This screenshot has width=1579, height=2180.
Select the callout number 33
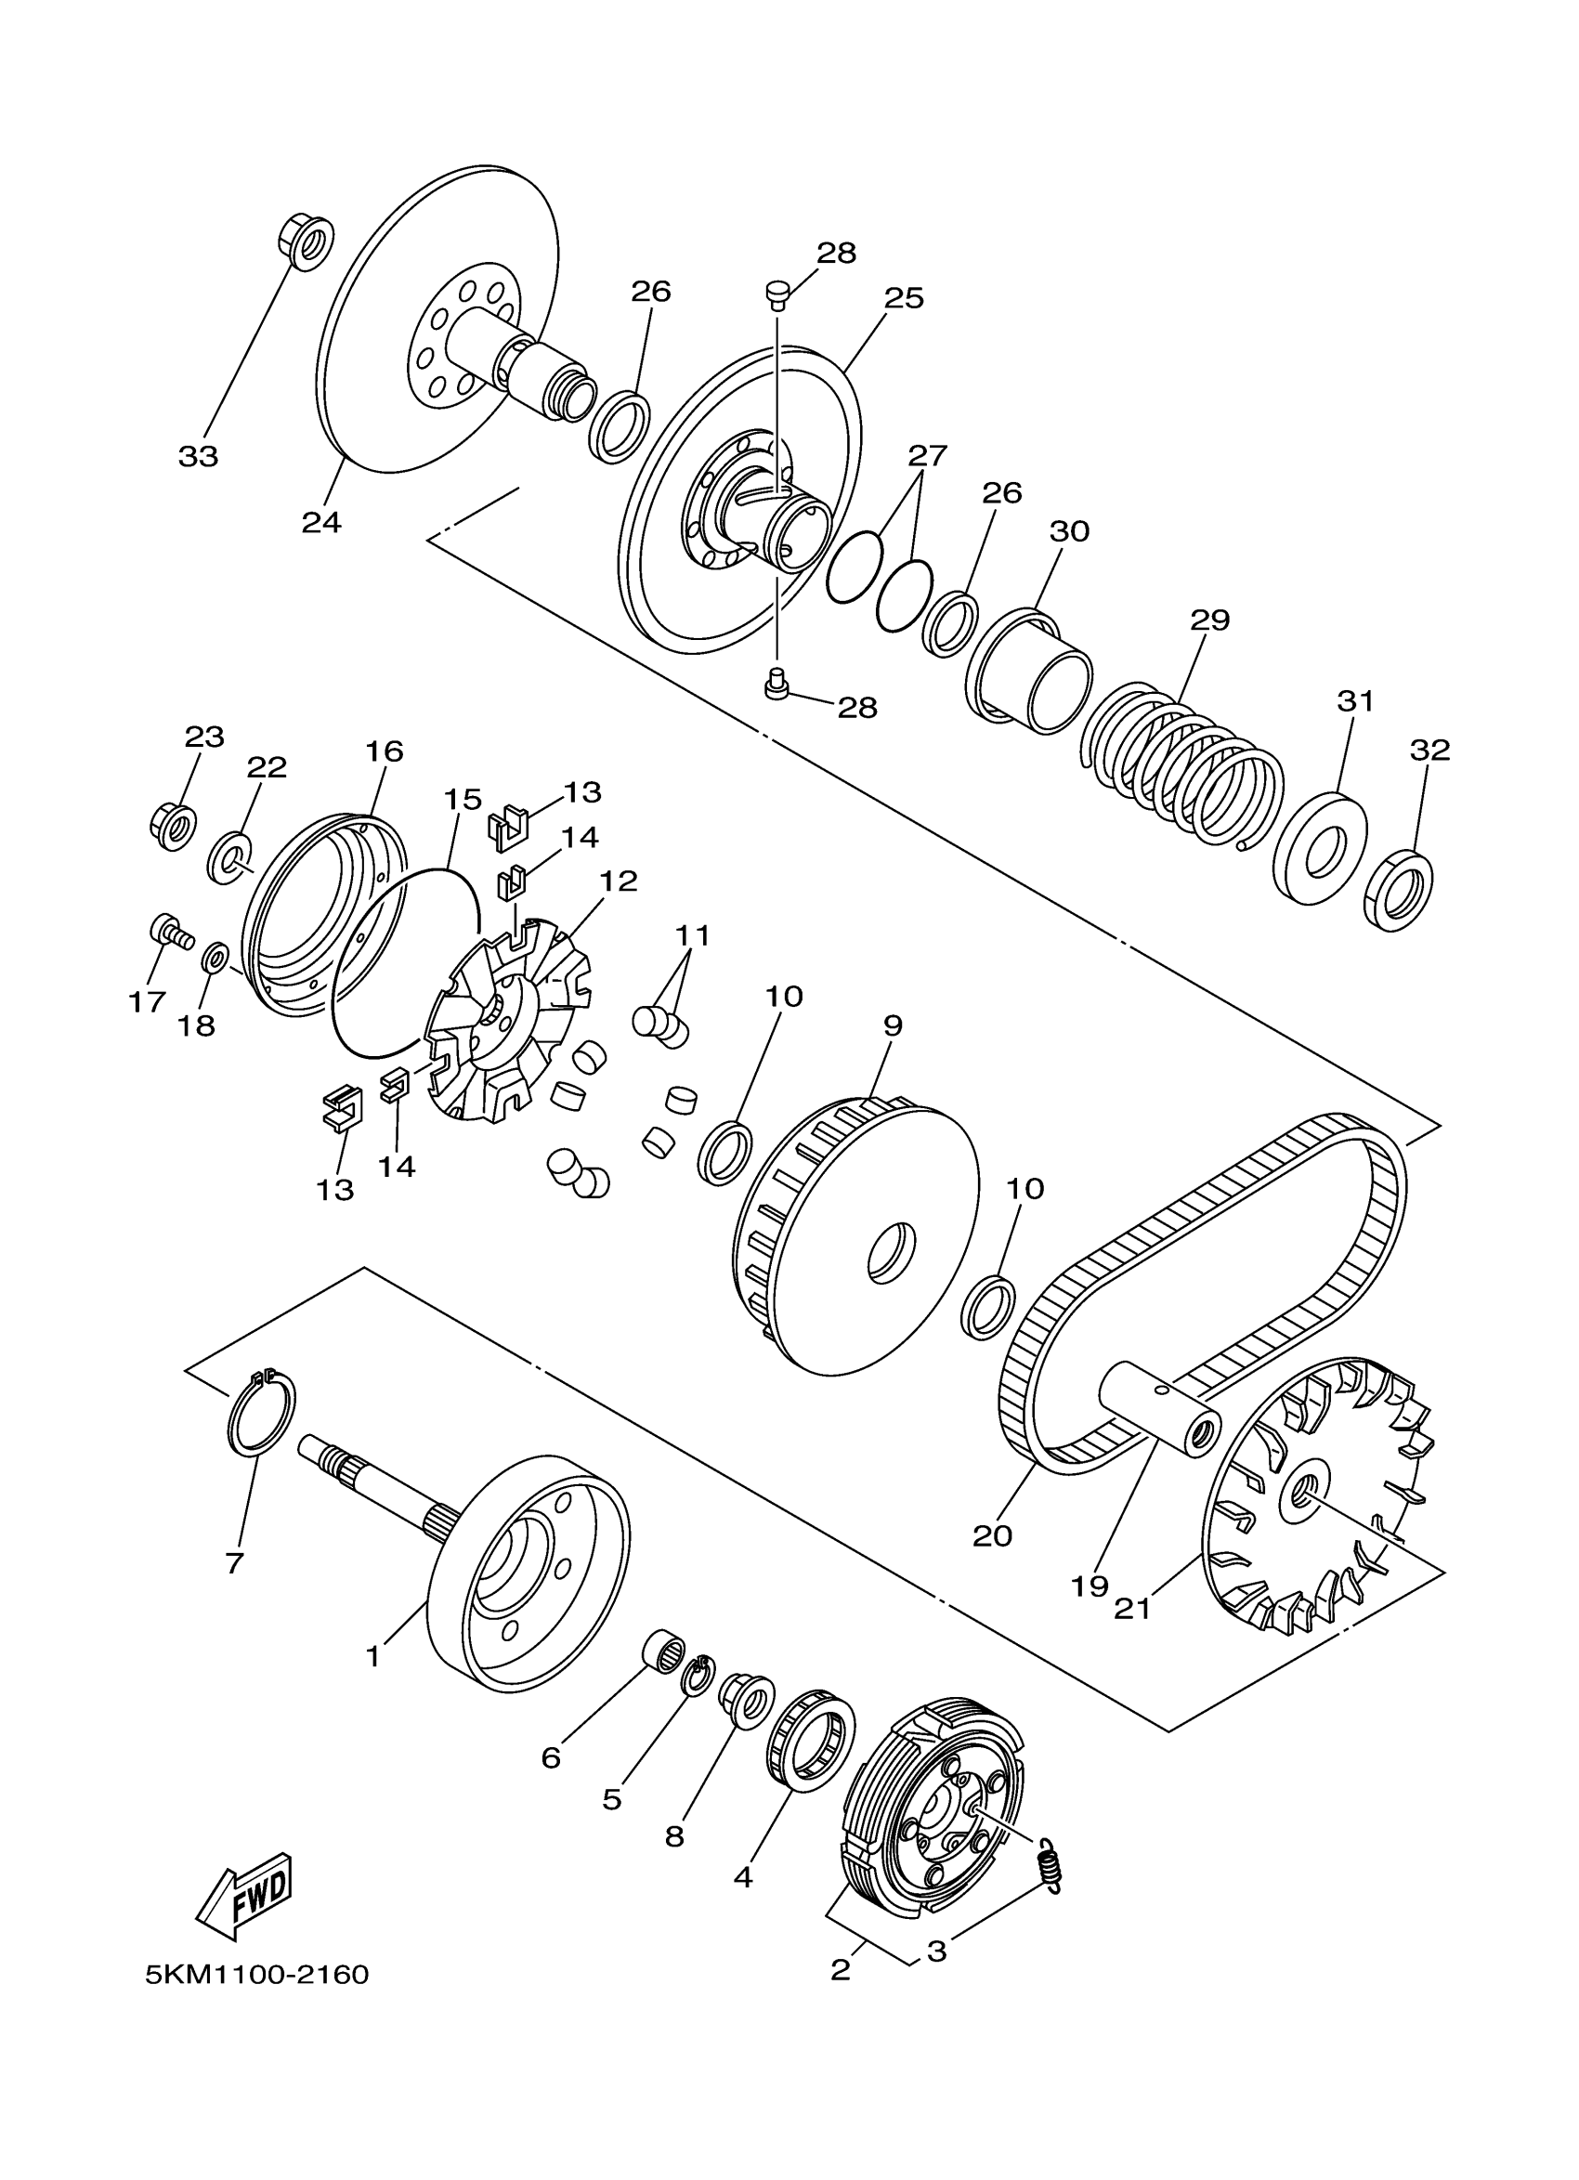tap(198, 457)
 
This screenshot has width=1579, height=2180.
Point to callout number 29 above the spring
tap(1209, 620)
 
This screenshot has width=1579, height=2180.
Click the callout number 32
tap(1429, 750)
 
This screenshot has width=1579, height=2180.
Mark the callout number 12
tap(619, 881)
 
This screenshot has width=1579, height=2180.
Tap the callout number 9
tap(892, 1025)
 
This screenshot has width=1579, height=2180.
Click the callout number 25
tap(904, 298)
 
